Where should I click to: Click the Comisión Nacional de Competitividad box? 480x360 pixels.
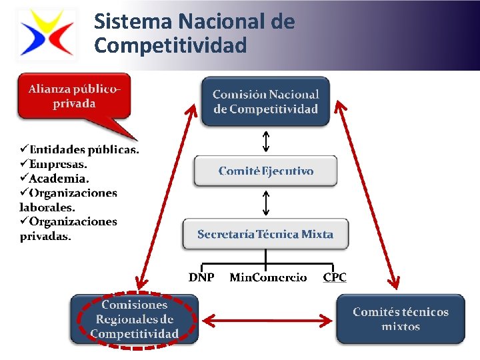point(265,101)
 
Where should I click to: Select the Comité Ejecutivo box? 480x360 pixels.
point(265,171)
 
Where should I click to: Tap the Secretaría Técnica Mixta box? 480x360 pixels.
point(265,234)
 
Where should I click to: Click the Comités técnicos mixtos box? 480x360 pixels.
point(400,319)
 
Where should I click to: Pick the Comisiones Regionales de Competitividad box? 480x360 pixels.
point(135,319)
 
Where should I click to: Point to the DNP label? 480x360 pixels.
point(201,277)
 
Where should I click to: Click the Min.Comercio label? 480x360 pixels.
point(268,277)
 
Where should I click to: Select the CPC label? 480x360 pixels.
point(335,277)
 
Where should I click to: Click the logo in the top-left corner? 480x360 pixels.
point(46,33)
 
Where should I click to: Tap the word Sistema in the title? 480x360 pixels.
point(133,22)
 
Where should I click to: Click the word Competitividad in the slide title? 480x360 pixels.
point(171,45)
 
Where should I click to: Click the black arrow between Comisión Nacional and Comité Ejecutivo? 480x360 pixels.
point(265,141)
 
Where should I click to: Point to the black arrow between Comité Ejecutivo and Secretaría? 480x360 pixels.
point(265,203)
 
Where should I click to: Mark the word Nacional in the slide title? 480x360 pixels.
point(222,22)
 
